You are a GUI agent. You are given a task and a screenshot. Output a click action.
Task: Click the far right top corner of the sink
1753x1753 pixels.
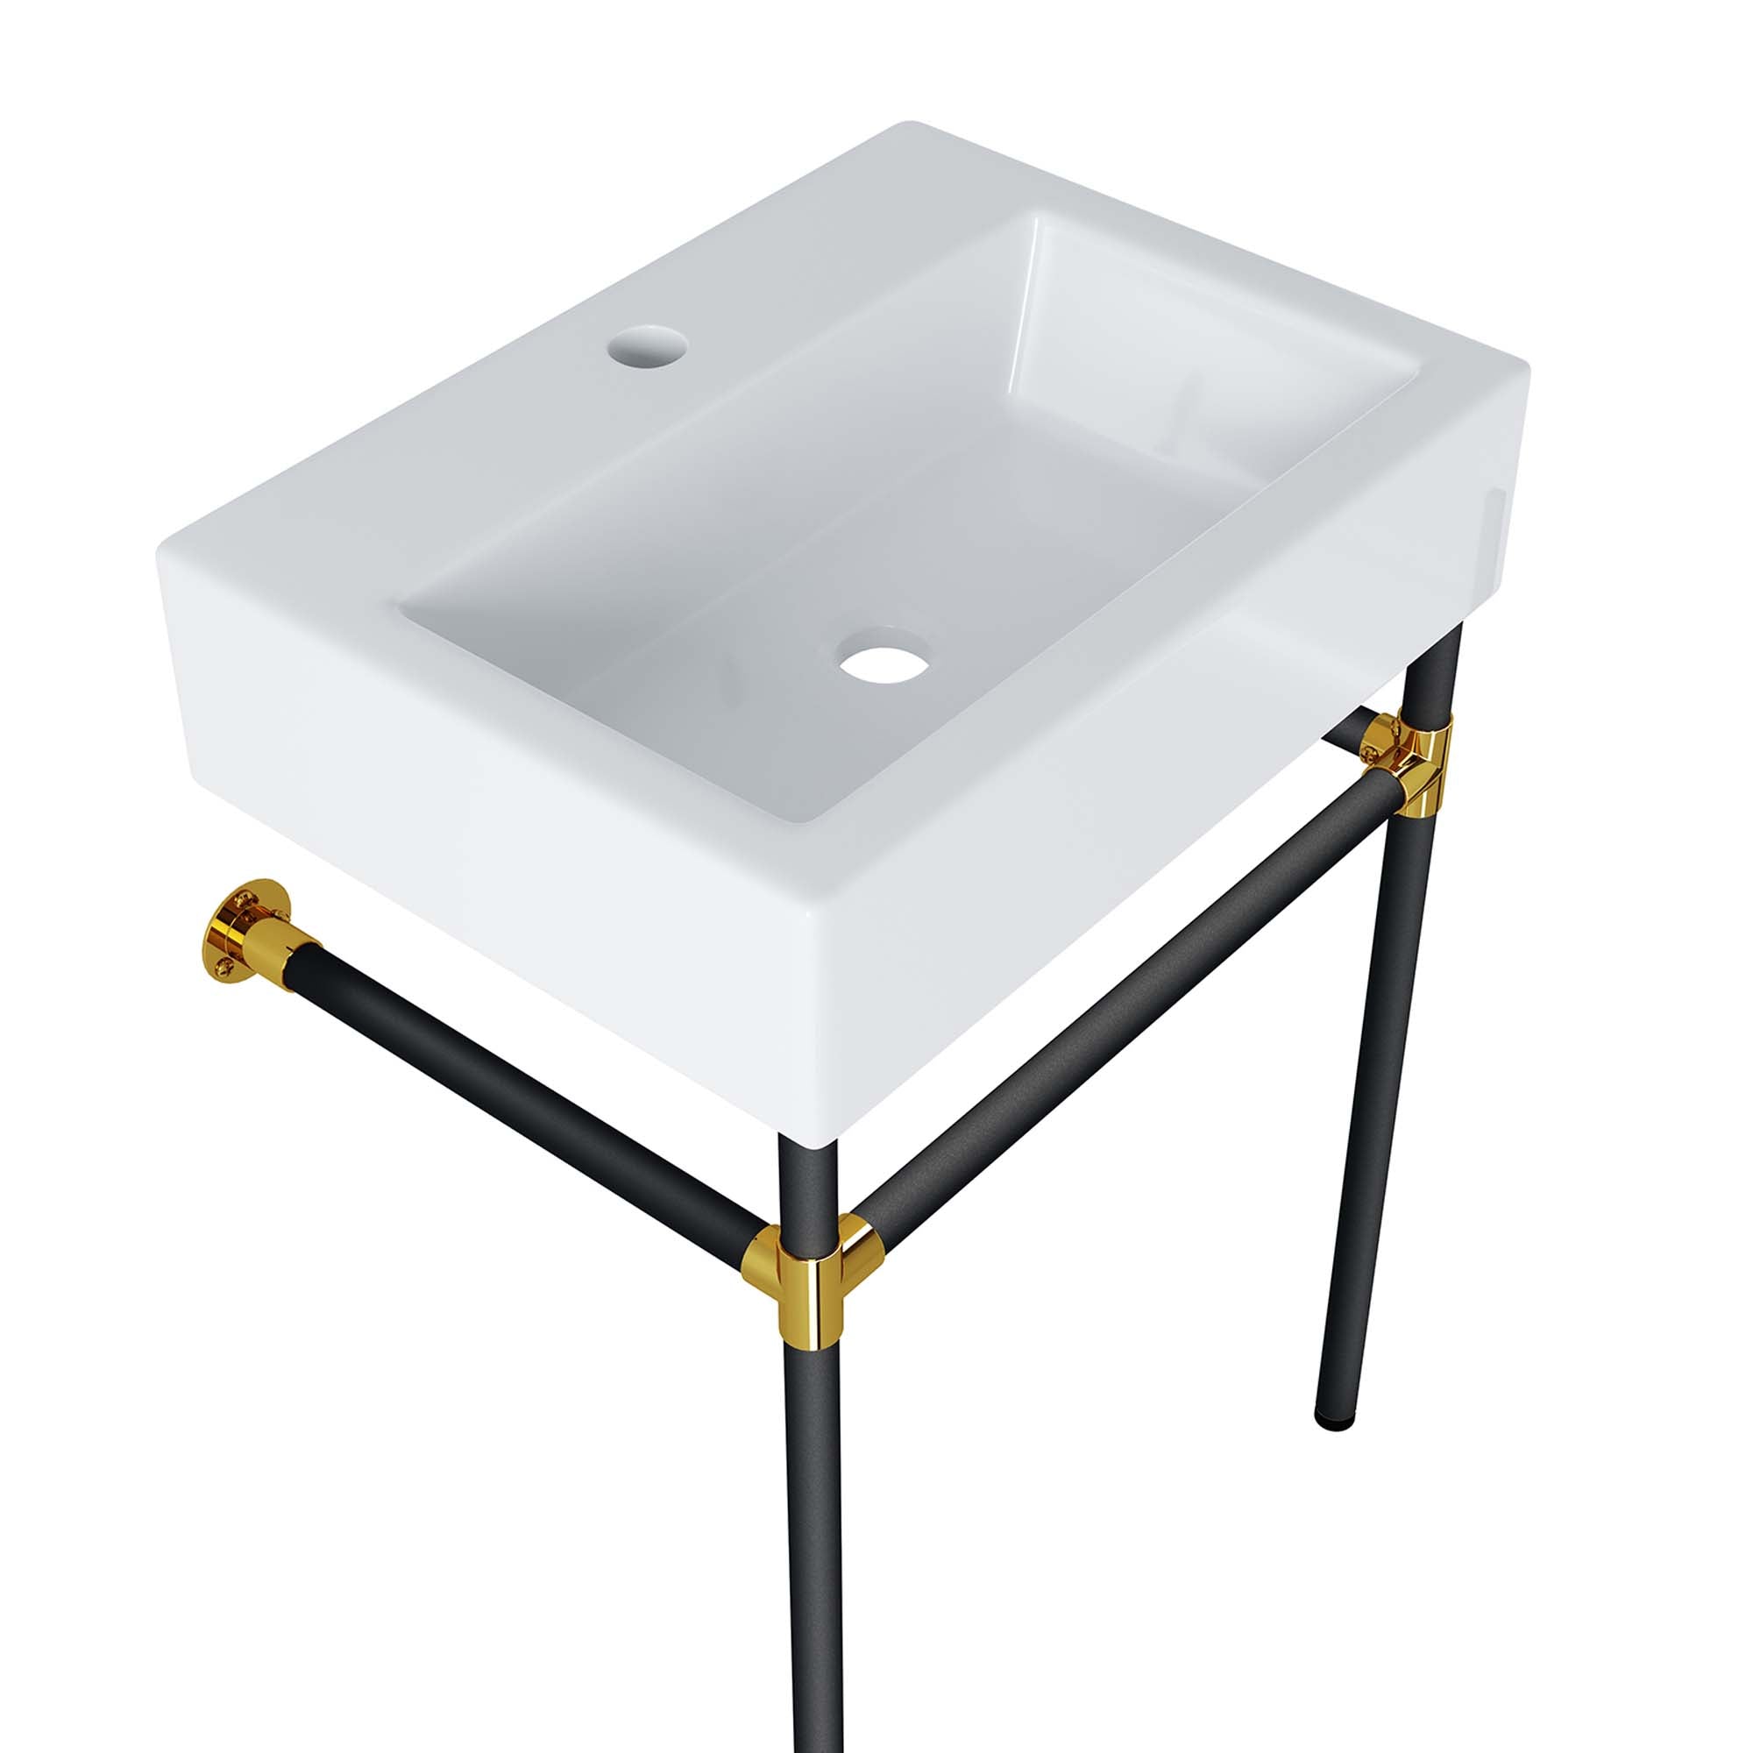[x=1524, y=369]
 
